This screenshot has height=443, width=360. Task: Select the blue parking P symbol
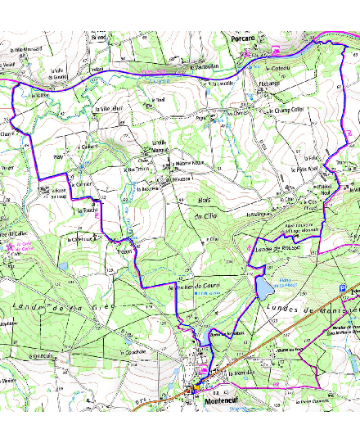[342, 287]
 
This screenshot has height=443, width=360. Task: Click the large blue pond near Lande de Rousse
[264, 287]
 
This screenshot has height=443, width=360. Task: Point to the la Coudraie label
[133, 352]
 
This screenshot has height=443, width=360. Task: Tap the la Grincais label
[41, 356]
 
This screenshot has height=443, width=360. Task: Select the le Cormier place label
[83, 184]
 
